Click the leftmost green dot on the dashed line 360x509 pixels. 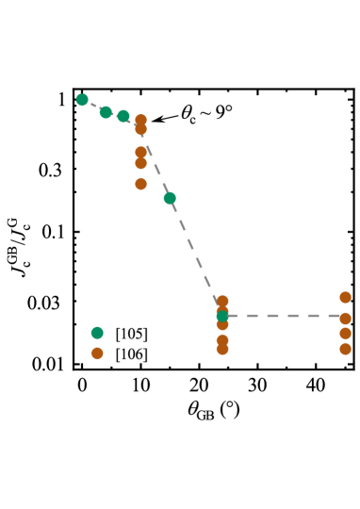point(82,100)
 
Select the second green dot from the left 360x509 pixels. point(106,112)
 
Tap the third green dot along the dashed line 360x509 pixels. point(123,116)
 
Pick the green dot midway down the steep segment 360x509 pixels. point(170,198)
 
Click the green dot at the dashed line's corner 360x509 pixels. point(222,316)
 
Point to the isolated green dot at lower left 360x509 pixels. point(97,333)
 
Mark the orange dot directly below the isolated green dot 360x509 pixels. point(97,353)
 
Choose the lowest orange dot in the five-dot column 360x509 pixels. point(140,184)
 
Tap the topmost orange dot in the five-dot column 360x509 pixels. point(140,121)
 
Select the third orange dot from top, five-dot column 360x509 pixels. point(140,152)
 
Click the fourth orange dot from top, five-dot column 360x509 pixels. point(140,163)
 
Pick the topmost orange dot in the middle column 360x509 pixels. point(222,302)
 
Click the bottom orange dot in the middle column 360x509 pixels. point(222,349)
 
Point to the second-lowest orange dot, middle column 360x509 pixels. point(222,339)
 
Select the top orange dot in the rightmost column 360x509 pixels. point(345,297)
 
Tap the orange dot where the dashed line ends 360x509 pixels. point(345,319)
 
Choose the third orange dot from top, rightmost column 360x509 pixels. point(345,333)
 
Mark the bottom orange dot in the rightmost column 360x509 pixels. point(345,349)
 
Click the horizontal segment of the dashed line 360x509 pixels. point(283,316)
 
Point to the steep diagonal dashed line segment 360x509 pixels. point(193,252)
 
